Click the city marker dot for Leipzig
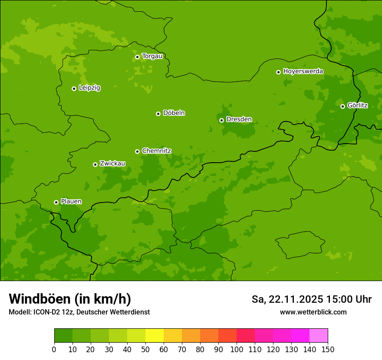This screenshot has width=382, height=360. (74, 88)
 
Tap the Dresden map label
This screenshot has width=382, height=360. (239, 119)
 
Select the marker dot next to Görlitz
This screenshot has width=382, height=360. (342, 106)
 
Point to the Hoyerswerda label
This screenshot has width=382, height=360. (303, 71)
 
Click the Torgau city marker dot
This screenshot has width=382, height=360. (137, 57)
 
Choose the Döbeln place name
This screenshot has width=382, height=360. (174, 113)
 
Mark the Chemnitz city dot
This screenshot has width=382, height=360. (137, 151)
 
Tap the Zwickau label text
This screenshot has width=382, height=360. (112, 164)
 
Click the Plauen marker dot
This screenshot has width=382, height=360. (56, 202)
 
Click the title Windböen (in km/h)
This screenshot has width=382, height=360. (70, 299)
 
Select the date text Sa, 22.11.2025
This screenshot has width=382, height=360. (287, 299)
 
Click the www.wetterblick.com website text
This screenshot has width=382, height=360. (313, 312)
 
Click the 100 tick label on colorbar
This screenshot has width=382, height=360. (237, 349)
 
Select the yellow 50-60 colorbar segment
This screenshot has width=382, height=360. (155, 336)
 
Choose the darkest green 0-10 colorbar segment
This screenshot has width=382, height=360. (63, 336)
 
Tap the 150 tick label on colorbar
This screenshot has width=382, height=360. (328, 349)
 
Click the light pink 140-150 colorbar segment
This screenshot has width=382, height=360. (319, 336)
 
